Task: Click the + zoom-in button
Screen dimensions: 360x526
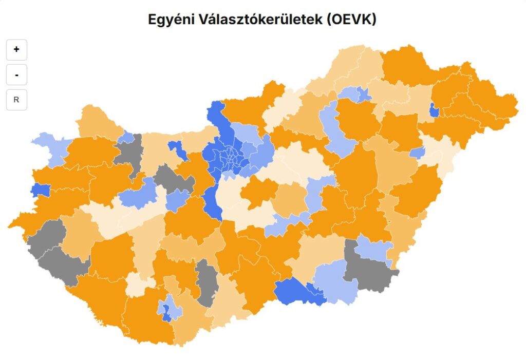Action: pos(16,50)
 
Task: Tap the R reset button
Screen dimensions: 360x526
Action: pos(16,100)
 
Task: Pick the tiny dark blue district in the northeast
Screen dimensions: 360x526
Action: pos(434,110)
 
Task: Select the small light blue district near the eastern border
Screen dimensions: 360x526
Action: pos(417,153)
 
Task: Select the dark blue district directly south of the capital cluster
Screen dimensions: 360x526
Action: pos(212,201)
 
